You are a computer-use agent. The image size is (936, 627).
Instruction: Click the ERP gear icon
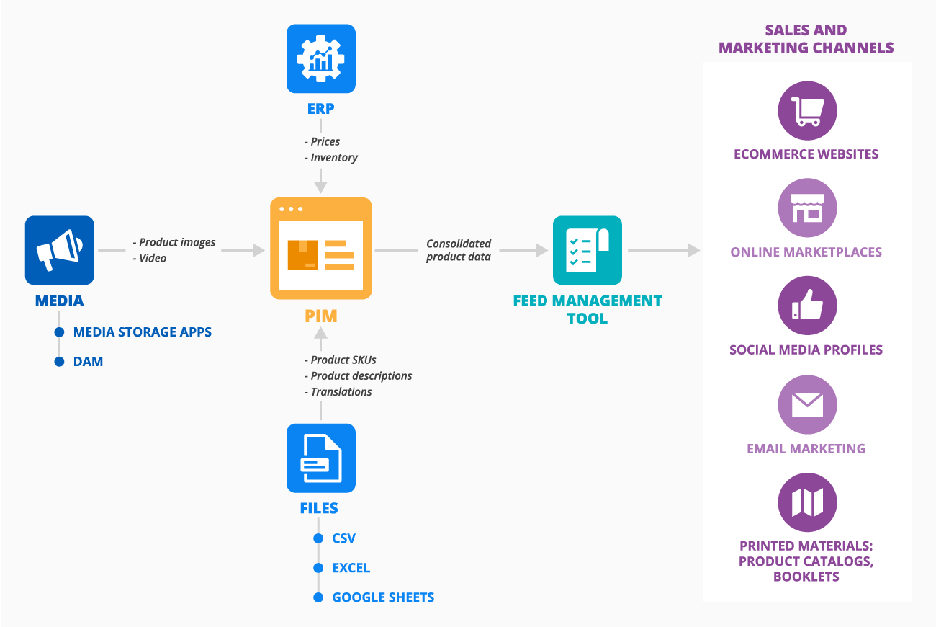click(x=321, y=58)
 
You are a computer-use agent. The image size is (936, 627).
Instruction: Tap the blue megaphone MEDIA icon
click(x=60, y=250)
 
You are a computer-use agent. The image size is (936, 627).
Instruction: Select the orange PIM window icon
click(x=321, y=248)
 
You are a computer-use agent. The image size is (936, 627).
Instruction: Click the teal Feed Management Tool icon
click(x=587, y=250)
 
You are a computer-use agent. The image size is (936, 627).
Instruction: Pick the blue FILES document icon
click(x=321, y=458)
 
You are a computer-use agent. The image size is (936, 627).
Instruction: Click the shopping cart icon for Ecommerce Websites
click(x=807, y=110)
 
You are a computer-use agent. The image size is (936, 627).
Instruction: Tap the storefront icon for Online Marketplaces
click(x=807, y=208)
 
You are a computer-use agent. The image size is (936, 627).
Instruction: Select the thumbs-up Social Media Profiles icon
click(x=807, y=306)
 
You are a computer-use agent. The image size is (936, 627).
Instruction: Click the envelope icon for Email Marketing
click(x=807, y=404)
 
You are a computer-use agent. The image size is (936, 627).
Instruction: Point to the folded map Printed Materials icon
click(x=807, y=502)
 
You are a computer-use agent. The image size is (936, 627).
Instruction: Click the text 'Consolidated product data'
click(x=459, y=250)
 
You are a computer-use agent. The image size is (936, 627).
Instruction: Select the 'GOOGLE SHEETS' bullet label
click(x=383, y=597)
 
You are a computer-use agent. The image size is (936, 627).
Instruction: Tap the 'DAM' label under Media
click(x=88, y=362)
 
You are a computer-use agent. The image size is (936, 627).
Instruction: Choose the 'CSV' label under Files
click(x=344, y=538)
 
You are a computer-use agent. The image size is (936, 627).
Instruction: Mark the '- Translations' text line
click(x=338, y=391)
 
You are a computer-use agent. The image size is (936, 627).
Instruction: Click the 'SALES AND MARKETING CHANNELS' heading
click(x=806, y=39)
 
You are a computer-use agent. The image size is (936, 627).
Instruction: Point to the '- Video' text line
click(x=150, y=258)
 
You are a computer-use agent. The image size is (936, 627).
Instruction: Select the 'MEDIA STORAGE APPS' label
click(x=143, y=332)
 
